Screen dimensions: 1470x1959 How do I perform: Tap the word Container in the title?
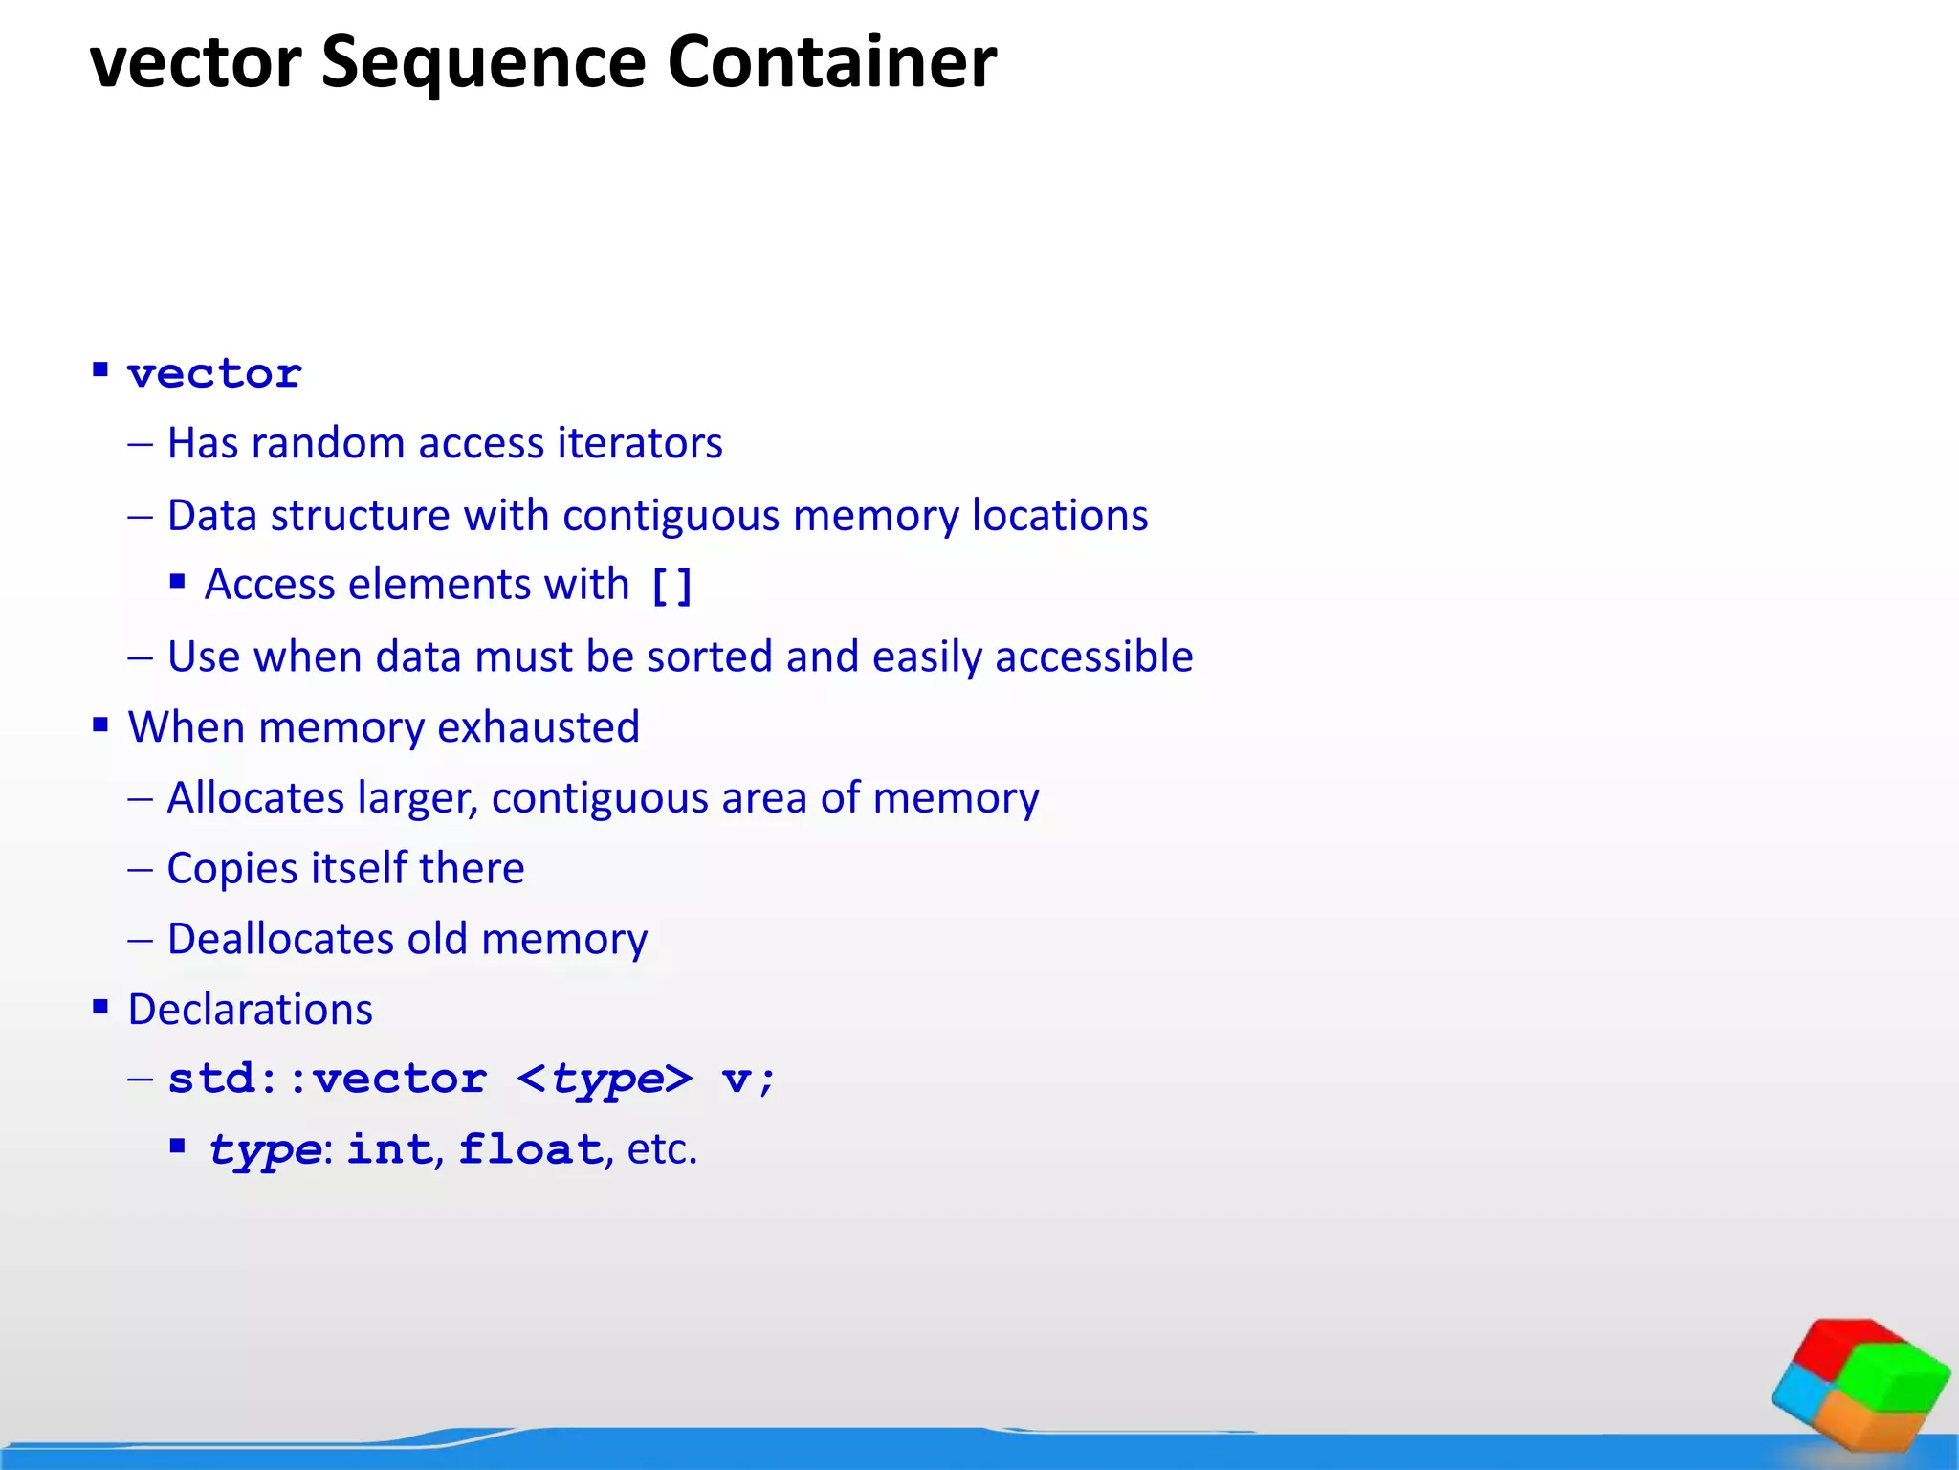coord(831,63)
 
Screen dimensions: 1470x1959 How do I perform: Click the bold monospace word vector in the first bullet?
coord(215,374)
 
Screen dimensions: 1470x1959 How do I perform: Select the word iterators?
coord(639,443)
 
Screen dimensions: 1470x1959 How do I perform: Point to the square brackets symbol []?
coord(671,586)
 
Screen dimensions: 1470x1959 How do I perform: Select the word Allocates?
coord(255,798)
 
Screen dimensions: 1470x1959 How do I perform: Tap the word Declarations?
coord(250,1010)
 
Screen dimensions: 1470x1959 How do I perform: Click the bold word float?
coord(531,1149)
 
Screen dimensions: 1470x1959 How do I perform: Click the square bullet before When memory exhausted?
coord(100,725)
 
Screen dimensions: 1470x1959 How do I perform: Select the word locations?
coord(1060,516)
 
